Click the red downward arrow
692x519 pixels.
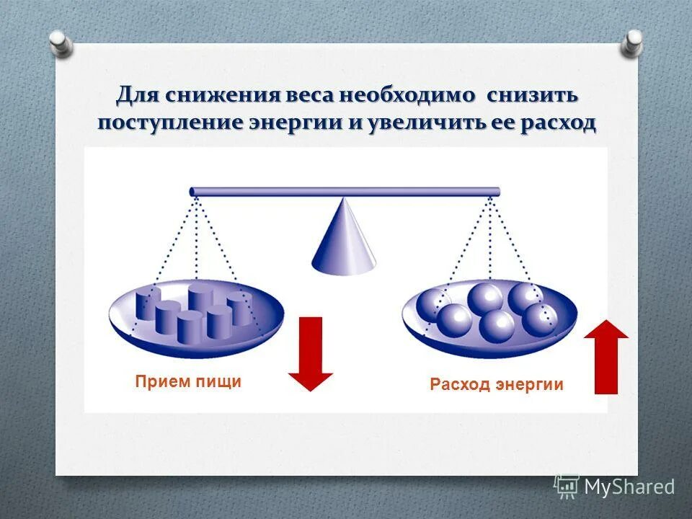pos(311,353)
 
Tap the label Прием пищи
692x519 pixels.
pos(188,382)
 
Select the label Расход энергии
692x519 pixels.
pos(497,384)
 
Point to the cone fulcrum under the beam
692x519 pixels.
pos(344,238)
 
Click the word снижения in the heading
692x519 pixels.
pos(218,95)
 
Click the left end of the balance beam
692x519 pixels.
pos(194,192)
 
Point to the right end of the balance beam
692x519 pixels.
pos(495,192)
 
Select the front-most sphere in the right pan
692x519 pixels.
pos(497,327)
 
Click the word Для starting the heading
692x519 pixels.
pos(138,95)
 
